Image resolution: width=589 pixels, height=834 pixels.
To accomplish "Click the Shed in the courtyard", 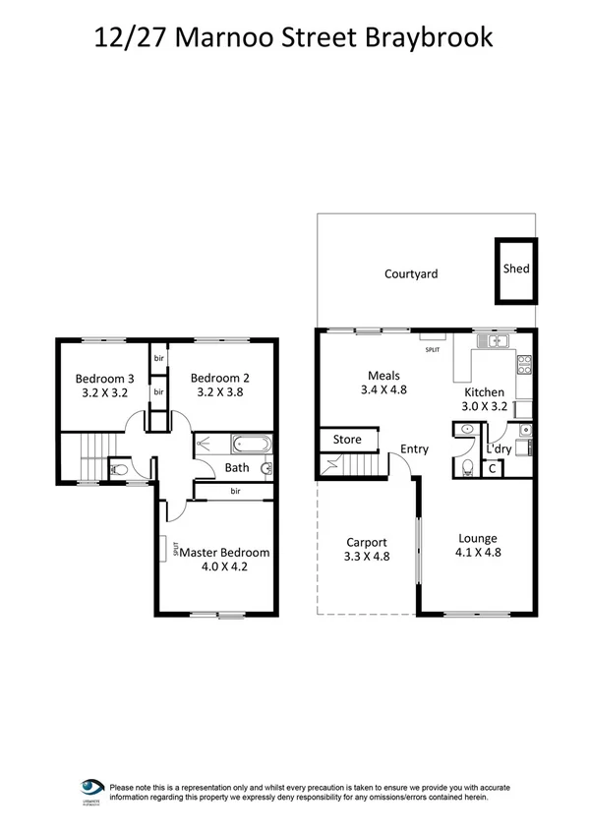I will [x=515, y=268].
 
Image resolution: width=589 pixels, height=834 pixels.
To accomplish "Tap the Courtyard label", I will [x=411, y=274].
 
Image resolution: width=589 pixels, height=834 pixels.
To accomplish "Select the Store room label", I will [x=347, y=440].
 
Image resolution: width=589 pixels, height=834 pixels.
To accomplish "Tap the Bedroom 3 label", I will [x=104, y=379].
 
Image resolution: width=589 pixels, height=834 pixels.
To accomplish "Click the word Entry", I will [x=414, y=449].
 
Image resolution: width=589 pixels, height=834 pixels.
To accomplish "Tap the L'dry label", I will [x=500, y=449].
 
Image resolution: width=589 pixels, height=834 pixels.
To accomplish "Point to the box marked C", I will [x=493, y=469].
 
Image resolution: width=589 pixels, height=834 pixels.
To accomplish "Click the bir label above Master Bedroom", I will [x=236, y=491].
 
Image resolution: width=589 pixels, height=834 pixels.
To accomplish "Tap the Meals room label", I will [x=383, y=376].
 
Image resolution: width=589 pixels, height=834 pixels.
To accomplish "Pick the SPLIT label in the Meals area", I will [x=433, y=349].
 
